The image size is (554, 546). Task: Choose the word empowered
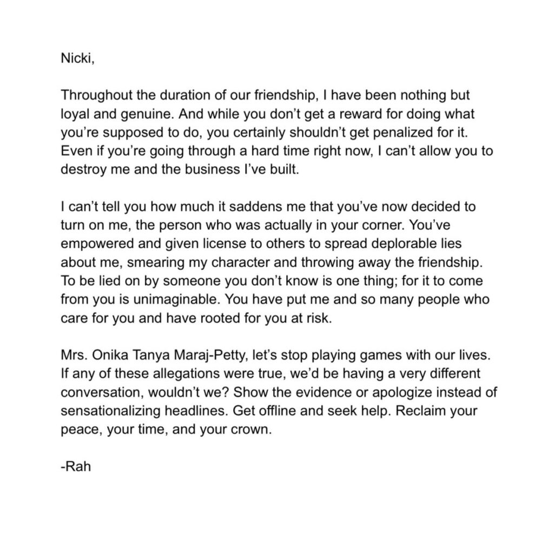pyautogui.click(x=97, y=245)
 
